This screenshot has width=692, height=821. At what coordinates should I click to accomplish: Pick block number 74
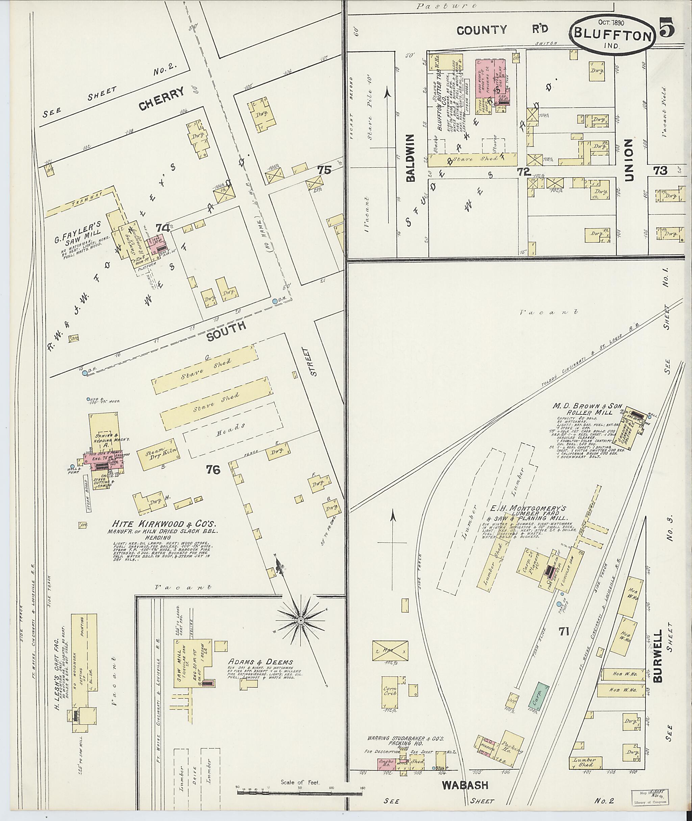click(163, 227)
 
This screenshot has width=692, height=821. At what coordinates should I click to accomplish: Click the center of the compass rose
click(300, 621)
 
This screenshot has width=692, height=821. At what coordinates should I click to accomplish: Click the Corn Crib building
click(391, 692)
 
